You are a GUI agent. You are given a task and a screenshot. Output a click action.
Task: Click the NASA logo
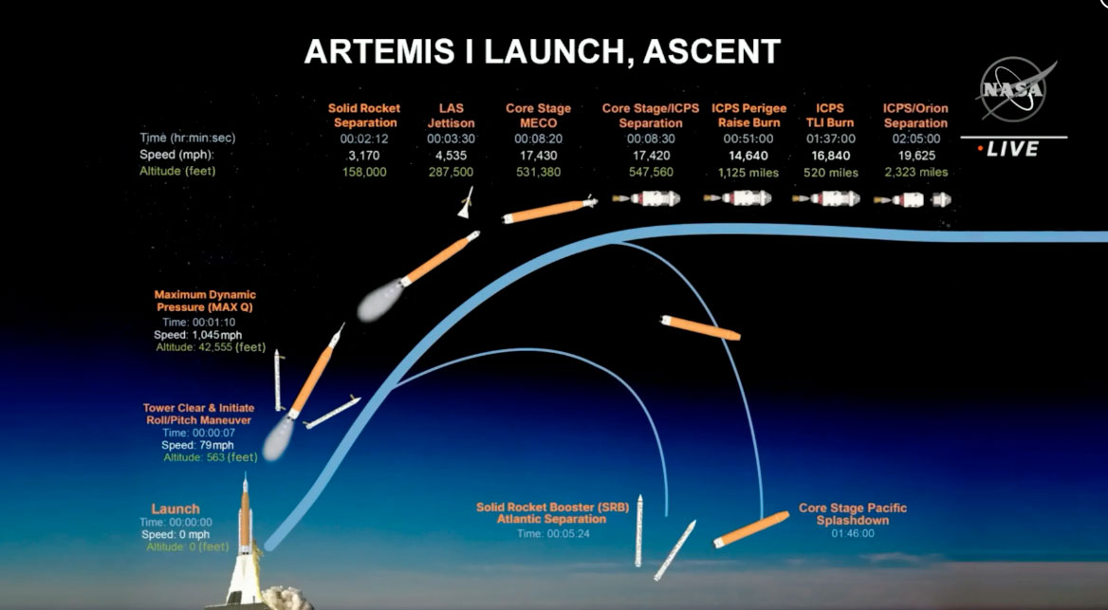(1014, 89)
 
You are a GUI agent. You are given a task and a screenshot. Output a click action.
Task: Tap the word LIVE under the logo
(1012, 149)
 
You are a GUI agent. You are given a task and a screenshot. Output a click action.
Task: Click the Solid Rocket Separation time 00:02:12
(364, 139)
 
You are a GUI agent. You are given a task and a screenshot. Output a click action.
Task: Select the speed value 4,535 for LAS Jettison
(451, 156)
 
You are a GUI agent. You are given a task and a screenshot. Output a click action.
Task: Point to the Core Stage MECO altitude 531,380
(539, 172)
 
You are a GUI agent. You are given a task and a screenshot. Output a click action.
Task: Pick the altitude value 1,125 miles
(748, 173)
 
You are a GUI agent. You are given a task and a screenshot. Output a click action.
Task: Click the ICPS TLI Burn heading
(830, 115)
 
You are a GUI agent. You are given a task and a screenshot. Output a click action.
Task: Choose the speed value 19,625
(915, 156)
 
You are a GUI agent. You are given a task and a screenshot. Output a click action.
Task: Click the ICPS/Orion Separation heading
(915, 115)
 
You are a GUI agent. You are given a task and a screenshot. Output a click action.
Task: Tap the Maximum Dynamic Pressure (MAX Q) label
(205, 301)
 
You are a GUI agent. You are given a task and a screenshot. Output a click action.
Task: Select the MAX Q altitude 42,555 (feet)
(211, 347)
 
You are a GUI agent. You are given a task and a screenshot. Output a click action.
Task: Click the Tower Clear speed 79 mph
(197, 445)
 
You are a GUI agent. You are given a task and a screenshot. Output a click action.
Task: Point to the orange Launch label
(175, 508)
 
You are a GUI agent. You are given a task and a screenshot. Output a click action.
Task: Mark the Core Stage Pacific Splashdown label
(853, 514)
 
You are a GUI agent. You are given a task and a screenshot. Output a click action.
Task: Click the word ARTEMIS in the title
(379, 51)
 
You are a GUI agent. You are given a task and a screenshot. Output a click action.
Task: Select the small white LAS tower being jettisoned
(466, 203)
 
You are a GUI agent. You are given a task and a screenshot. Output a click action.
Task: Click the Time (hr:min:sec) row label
(187, 138)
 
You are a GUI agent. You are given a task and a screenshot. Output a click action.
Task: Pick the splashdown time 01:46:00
(853, 533)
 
